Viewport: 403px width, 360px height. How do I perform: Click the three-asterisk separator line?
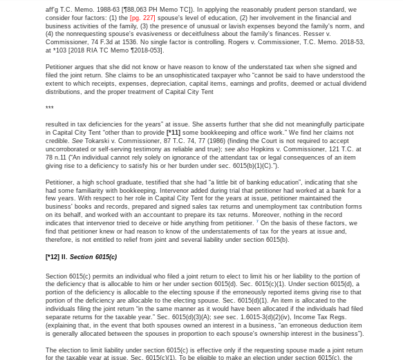(x=49, y=108)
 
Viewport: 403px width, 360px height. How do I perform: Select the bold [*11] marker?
(x=173, y=132)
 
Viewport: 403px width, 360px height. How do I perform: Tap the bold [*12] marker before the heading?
(x=53, y=257)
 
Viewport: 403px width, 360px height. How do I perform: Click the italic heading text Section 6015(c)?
(x=93, y=257)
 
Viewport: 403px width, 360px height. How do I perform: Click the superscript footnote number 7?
(x=258, y=221)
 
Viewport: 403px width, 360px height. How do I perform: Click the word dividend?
(x=353, y=83)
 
